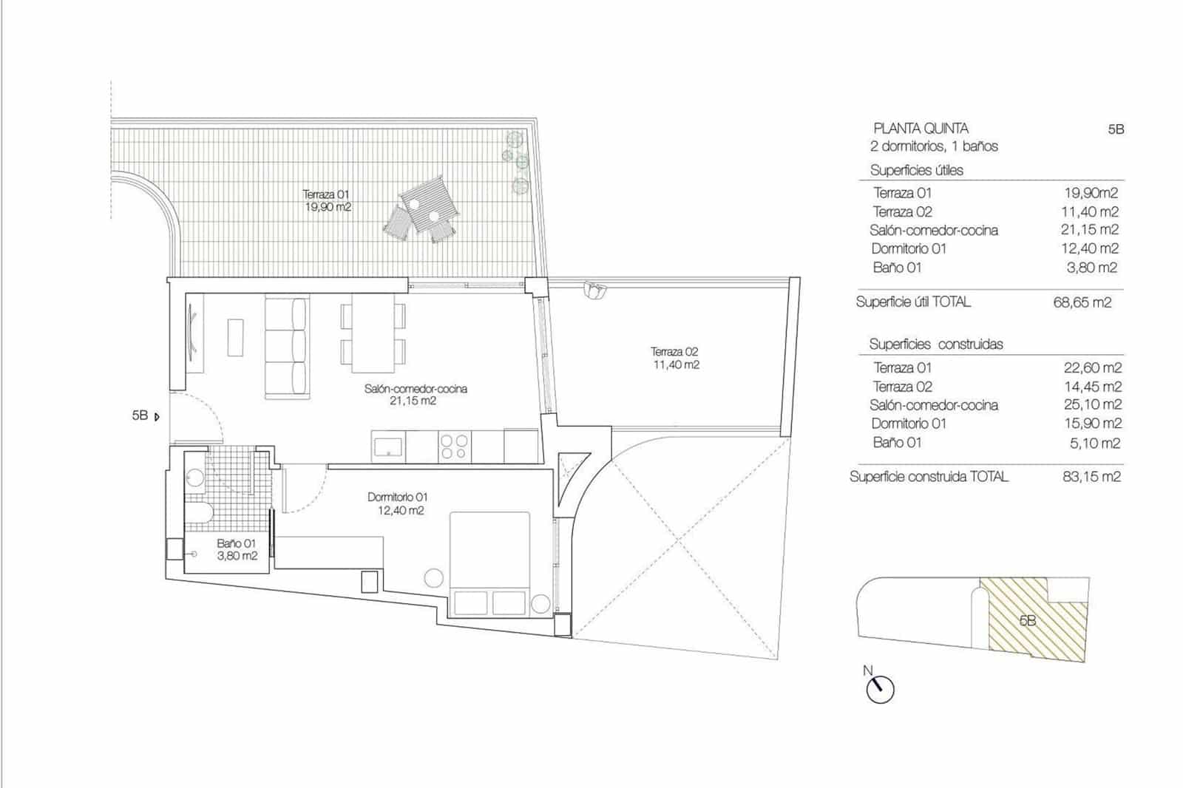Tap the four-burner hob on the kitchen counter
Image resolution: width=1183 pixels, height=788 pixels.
pos(454,447)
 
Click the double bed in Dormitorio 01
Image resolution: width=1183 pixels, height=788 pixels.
pos(490,562)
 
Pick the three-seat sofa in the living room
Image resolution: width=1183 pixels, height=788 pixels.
pos(287,347)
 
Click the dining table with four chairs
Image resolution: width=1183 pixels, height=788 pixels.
pos(373,333)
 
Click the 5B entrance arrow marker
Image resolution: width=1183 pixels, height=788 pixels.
pos(156,417)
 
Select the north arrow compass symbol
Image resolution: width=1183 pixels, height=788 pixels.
pos(879,688)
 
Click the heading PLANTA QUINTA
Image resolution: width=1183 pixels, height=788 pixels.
pos(921,128)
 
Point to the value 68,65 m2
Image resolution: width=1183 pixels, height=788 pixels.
pos(1082,302)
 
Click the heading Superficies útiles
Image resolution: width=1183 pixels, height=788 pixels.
pos(916,170)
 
